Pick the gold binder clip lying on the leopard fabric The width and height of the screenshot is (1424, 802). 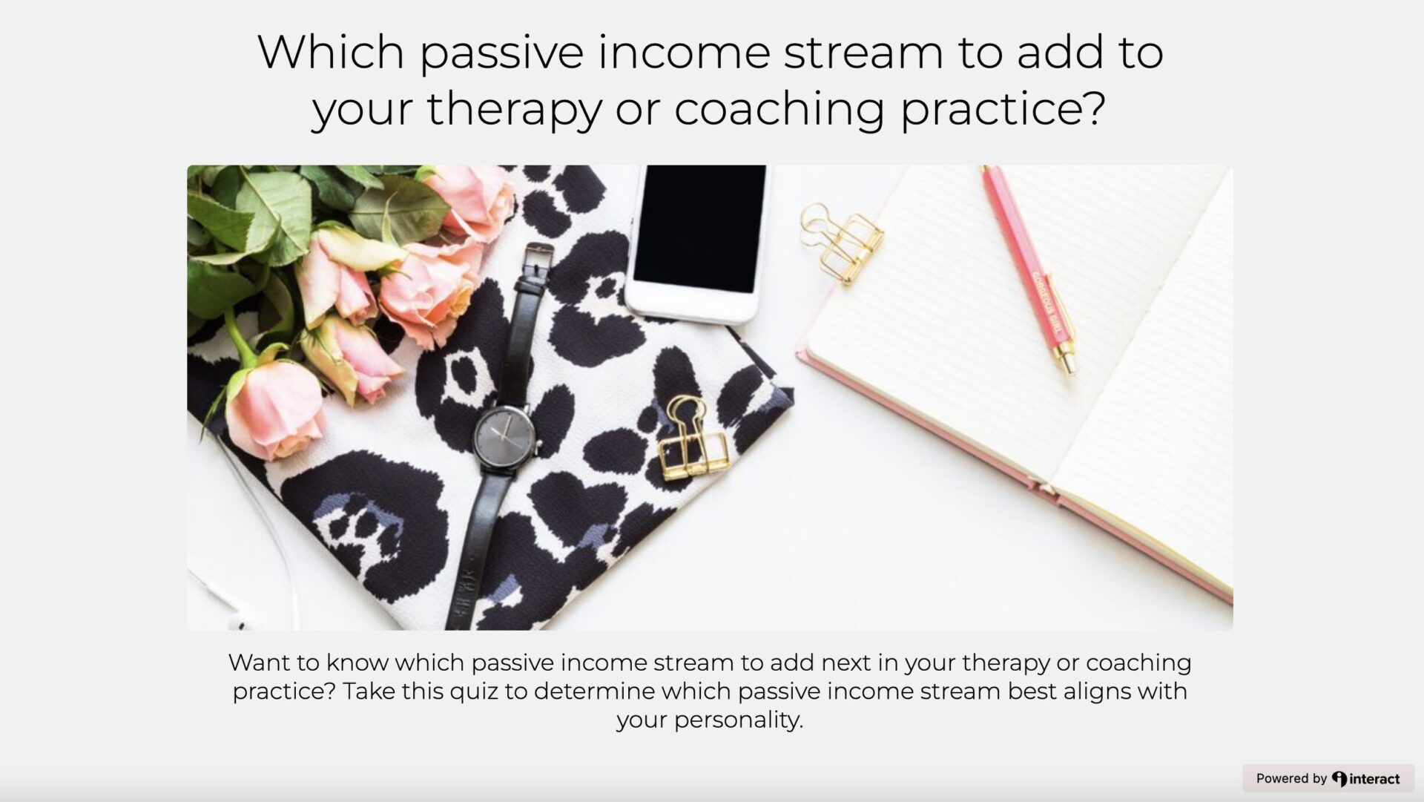[691, 438]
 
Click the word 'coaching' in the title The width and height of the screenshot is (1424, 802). [779, 108]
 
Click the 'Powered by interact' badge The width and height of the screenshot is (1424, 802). [1328, 778]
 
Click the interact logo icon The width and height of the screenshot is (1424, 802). [1339, 778]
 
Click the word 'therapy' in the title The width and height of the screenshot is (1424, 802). [513, 108]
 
